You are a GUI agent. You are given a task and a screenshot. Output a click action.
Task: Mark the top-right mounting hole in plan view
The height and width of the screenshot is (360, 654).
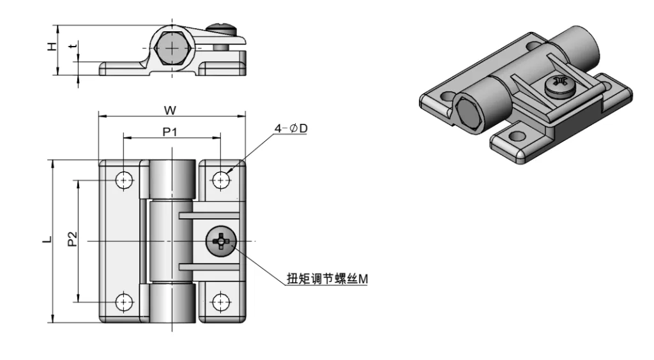point(221,181)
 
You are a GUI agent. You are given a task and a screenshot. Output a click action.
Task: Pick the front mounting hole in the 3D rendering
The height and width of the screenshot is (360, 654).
point(515,135)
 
